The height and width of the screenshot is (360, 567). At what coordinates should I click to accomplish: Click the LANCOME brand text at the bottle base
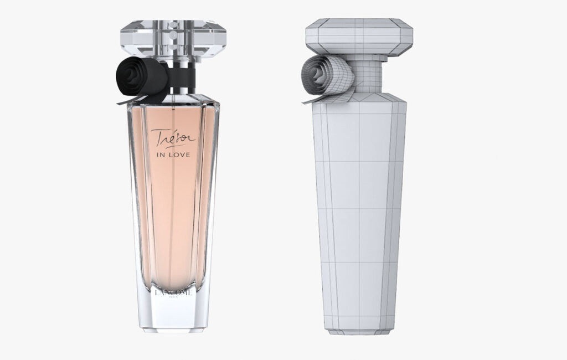point(173,292)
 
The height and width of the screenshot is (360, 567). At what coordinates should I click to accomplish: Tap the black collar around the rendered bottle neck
point(182,80)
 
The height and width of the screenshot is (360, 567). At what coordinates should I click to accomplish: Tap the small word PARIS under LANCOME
point(173,300)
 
